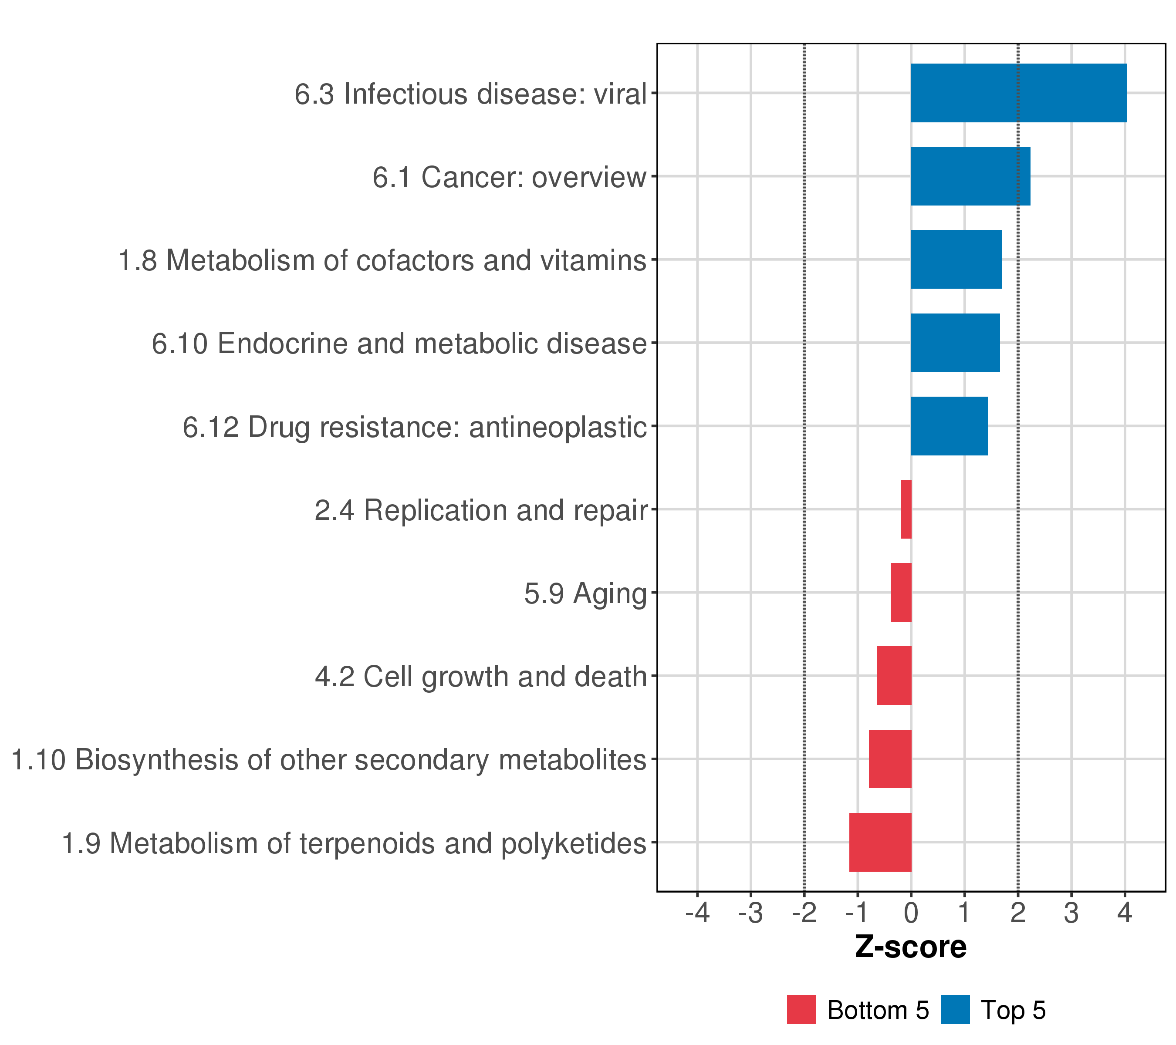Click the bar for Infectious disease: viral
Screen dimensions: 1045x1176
point(1018,93)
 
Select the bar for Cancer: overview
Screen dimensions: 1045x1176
point(970,176)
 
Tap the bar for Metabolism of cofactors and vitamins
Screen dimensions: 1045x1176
point(956,260)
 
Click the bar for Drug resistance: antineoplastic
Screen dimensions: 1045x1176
point(949,426)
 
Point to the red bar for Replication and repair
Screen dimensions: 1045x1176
point(906,509)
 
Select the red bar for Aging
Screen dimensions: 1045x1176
point(901,592)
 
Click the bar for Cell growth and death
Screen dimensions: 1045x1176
point(894,676)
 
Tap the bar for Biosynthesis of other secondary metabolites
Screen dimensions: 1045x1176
point(889,758)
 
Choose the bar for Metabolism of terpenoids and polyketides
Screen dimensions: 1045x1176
point(880,842)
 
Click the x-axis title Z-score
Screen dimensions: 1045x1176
point(910,947)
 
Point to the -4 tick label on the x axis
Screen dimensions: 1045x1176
point(697,913)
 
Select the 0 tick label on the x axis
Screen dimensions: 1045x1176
point(911,913)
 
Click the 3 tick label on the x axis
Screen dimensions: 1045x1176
point(1071,913)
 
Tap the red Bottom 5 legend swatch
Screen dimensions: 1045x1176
point(801,1010)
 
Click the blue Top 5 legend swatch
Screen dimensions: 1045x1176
point(955,1010)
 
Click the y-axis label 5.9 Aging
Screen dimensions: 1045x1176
point(585,593)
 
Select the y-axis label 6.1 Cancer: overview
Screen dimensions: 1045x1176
point(509,177)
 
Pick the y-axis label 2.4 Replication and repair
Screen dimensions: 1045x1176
point(481,510)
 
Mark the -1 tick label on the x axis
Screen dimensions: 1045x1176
point(857,913)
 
